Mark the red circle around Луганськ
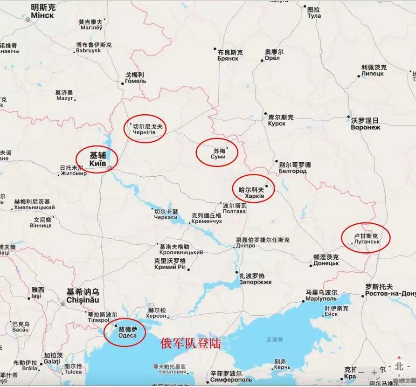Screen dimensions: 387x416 pyautogui.click(x=365, y=238)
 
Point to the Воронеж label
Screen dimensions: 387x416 pyautogui.click(x=366, y=127)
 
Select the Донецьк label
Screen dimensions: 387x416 pyautogui.click(x=326, y=263)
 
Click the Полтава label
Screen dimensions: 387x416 pyautogui.click(x=234, y=211)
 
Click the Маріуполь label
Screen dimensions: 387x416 pyautogui.click(x=321, y=298)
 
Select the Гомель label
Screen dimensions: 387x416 pyautogui.click(x=135, y=81)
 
